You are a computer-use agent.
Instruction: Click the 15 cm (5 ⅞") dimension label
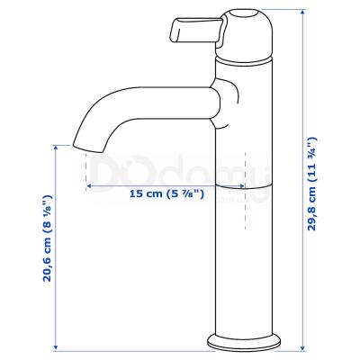[166, 193]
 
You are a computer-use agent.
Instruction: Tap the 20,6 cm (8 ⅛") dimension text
[48, 238]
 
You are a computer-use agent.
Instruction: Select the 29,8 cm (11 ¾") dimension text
[312, 184]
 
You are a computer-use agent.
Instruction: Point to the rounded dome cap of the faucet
[246, 33]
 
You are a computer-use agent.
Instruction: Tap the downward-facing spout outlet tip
[88, 148]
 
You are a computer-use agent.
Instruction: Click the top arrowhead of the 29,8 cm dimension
[303, 12]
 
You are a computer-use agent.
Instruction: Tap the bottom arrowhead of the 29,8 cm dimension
[303, 347]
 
